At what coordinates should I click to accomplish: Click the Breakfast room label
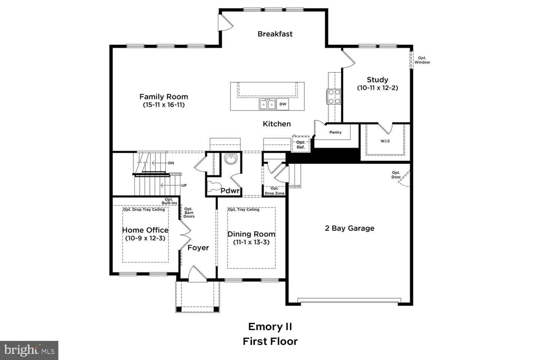(275, 34)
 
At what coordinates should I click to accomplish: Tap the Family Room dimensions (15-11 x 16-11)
(163, 105)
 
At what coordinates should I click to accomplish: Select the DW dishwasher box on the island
(283, 104)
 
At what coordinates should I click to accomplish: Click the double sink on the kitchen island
(267, 104)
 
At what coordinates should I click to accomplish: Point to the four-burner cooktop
(334, 96)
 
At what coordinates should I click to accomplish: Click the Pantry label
(335, 132)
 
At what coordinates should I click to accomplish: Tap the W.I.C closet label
(385, 141)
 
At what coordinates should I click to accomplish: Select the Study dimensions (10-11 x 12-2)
(377, 88)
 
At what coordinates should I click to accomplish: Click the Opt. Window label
(422, 60)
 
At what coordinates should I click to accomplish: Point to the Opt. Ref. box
(300, 145)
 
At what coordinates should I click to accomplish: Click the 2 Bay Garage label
(349, 228)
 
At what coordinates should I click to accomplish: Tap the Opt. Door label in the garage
(396, 175)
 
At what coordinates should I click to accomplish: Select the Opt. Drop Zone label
(274, 191)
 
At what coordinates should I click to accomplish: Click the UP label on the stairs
(184, 185)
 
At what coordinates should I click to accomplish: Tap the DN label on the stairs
(171, 163)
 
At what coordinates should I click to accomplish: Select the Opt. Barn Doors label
(189, 213)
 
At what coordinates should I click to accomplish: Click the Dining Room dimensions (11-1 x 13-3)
(251, 242)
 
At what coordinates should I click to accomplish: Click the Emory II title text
(270, 327)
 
